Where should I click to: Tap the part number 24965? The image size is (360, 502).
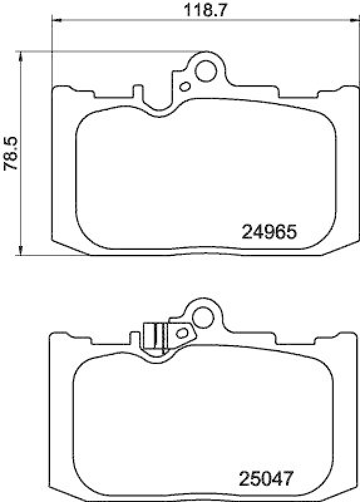point(268,232)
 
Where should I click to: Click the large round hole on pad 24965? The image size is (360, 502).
point(204,70)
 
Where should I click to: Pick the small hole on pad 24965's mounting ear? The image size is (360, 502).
point(184,86)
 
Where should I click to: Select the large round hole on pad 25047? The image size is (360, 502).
point(203,317)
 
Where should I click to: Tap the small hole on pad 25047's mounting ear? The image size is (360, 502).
point(183,333)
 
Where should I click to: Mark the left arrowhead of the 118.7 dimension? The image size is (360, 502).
point(54,20)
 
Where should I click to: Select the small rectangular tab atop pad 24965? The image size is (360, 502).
point(137,92)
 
